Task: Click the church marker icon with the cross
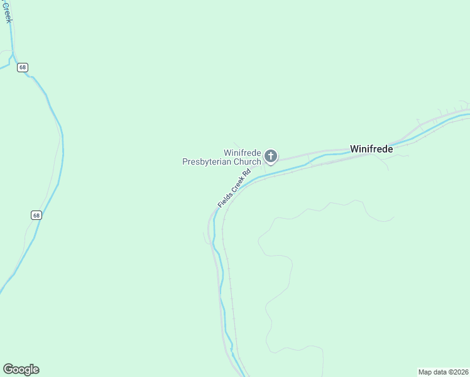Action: click(x=271, y=156)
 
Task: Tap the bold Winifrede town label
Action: click(x=371, y=150)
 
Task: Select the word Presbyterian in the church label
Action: click(x=207, y=161)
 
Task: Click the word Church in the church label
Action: click(x=248, y=161)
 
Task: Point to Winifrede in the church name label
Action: click(x=243, y=153)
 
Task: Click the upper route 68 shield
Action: click(x=23, y=67)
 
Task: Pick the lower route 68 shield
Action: click(x=36, y=215)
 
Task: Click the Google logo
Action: click(x=21, y=369)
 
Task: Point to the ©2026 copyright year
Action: click(x=460, y=372)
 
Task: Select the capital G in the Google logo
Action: click(x=8, y=369)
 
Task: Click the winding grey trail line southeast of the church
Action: click(x=276, y=264)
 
